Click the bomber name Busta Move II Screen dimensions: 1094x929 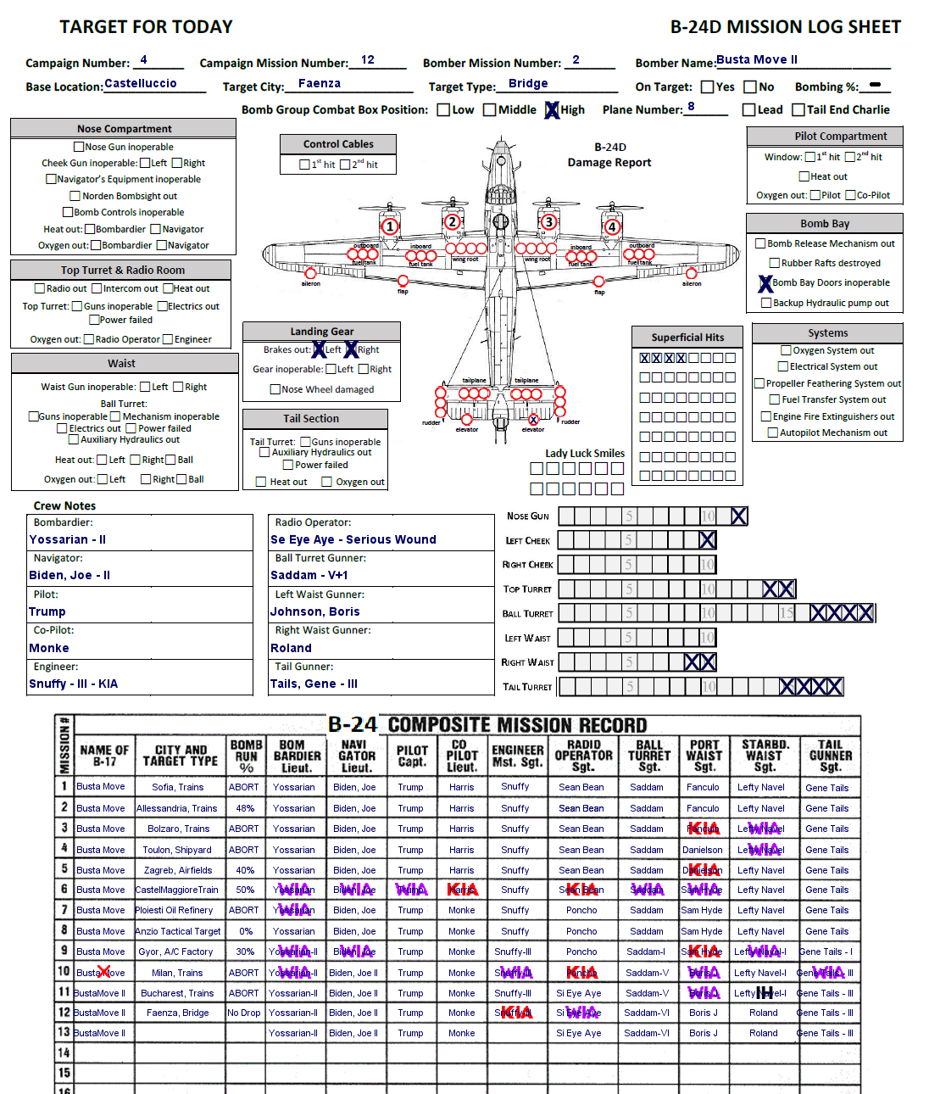756,59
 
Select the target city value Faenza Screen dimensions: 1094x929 320,83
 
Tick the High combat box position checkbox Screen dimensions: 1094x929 552,110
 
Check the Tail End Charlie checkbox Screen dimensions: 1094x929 798,110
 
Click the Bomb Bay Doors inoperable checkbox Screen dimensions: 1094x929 765,283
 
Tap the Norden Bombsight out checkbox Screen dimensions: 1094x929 75,196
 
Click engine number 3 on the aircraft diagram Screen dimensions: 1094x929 549,222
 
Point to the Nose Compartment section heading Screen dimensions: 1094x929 124,129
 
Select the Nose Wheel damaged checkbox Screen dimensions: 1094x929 275,389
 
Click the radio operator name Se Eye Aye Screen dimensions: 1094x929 353,539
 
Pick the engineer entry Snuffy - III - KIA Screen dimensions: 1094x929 73,684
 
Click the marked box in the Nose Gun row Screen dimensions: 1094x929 738,516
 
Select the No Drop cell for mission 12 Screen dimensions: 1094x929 244,1013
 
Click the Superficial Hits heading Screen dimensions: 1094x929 687,337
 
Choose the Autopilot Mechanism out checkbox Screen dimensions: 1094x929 773,433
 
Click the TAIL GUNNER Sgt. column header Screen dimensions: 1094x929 830,756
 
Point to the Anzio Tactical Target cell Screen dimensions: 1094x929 178,931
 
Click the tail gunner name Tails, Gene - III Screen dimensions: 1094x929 314,684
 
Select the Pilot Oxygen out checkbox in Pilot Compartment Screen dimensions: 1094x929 815,195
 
